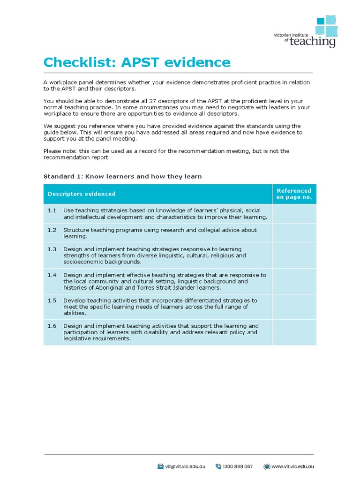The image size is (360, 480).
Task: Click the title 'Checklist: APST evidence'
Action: coord(137,62)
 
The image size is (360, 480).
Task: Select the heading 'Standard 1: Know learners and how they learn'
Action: coord(122,177)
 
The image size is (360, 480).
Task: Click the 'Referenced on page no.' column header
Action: coord(294,194)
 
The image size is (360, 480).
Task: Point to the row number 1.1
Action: coord(52,210)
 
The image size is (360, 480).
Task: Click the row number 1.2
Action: coord(52,230)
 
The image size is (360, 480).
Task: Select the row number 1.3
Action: coord(52,249)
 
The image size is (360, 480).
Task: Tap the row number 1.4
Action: coord(52,275)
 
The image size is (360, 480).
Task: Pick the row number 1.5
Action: coord(52,300)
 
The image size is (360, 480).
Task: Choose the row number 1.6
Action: coord(52,326)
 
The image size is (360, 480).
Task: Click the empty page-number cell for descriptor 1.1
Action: coord(294,214)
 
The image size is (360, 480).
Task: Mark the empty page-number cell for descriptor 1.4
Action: coord(294,281)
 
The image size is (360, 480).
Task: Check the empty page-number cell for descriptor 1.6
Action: coord(294,332)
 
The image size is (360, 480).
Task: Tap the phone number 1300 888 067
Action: coord(238,466)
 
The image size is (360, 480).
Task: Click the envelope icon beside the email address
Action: coord(160,466)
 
